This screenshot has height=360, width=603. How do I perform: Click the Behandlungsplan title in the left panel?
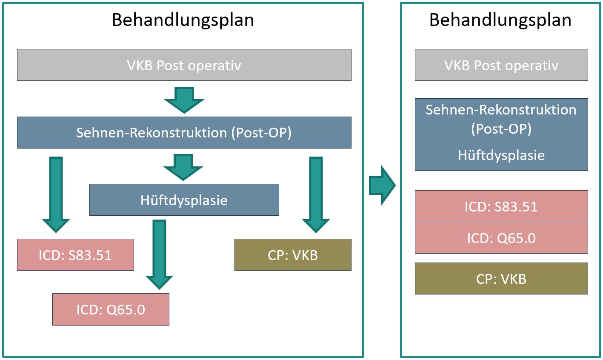(x=183, y=20)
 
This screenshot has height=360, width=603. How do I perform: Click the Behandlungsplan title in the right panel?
(x=500, y=20)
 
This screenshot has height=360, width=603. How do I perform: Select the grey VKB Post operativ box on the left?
(x=184, y=65)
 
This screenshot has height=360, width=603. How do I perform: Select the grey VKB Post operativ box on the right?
(x=501, y=65)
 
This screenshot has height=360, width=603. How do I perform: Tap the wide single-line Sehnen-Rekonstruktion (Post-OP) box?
(x=184, y=132)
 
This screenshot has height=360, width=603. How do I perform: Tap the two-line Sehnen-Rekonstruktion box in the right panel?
(x=501, y=119)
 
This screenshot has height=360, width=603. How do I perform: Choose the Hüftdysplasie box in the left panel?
(x=184, y=200)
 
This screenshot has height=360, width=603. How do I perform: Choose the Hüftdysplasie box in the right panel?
(x=501, y=155)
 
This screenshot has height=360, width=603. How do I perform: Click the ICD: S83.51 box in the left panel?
(x=75, y=255)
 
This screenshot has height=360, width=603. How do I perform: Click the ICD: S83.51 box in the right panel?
(x=501, y=206)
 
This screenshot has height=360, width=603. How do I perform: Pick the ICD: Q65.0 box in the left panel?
(x=111, y=309)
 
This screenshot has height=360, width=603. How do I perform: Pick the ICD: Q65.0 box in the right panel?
(x=501, y=238)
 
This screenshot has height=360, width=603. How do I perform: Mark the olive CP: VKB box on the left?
(x=293, y=255)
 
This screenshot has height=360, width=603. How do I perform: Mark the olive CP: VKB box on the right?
(x=501, y=278)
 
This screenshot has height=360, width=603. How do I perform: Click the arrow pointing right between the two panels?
(x=382, y=185)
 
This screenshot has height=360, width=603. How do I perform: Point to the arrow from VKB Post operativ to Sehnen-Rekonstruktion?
(x=184, y=100)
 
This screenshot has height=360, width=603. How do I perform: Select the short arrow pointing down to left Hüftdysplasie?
(x=183, y=167)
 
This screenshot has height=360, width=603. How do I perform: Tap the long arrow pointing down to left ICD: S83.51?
(x=56, y=194)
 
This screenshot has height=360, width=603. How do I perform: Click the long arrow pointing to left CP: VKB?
(x=316, y=194)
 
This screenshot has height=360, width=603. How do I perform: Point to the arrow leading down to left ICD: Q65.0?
(x=159, y=254)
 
